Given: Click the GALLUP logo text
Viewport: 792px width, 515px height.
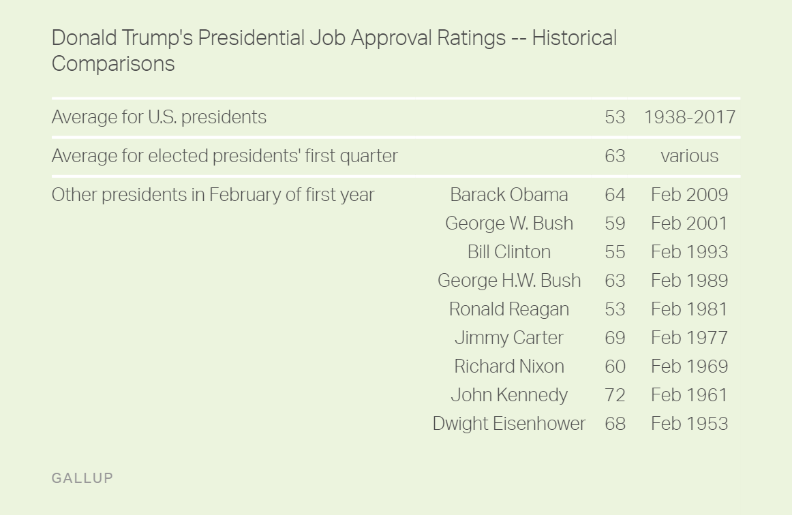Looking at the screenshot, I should pyautogui.click(x=82, y=478).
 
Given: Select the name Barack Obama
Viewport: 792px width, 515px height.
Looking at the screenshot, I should pyautogui.click(x=508, y=195).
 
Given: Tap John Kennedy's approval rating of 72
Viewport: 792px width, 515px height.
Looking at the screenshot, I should pyautogui.click(x=614, y=395).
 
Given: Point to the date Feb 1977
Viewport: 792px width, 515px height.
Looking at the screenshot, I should pyautogui.click(x=689, y=338).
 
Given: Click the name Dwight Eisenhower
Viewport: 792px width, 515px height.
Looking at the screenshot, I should pyautogui.click(x=508, y=424).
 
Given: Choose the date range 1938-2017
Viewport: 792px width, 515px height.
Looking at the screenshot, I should pyautogui.click(x=689, y=117).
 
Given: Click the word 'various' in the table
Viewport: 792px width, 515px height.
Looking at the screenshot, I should pyautogui.click(x=689, y=156).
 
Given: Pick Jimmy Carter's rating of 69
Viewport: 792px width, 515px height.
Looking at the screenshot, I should pyautogui.click(x=614, y=338).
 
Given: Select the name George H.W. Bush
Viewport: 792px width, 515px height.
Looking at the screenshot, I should pyautogui.click(x=508, y=281).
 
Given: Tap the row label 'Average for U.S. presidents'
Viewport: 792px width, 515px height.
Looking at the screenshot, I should pyautogui.click(x=159, y=117).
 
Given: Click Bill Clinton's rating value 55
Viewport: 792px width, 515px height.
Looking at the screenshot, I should pyautogui.click(x=614, y=252).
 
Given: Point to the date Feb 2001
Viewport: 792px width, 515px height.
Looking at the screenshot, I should pyautogui.click(x=689, y=223).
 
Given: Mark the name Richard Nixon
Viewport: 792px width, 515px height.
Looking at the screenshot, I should pyautogui.click(x=508, y=366).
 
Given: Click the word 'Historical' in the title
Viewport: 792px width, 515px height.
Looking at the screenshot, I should pyautogui.click(x=574, y=38).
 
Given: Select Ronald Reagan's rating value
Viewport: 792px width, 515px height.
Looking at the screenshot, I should pyautogui.click(x=614, y=309).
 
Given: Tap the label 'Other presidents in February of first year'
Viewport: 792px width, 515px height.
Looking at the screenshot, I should pyautogui.click(x=213, y=195).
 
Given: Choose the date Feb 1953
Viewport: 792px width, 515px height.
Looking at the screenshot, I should pyautogui.click(x=689, y=424).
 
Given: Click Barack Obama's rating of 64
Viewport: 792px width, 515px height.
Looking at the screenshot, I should pyautogui.click(x=614, y=195).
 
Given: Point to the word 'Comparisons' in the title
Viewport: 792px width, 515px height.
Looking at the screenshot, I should pyautogui.click(x=113, y=64).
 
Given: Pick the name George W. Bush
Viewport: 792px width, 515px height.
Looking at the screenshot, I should pyautogui.click(x=508, y=223).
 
